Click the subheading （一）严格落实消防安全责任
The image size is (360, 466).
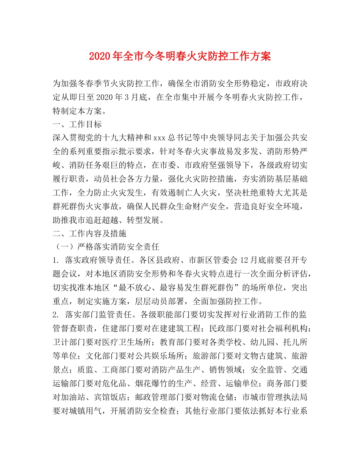point(107,247)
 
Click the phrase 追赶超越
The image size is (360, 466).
point(112,219)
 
